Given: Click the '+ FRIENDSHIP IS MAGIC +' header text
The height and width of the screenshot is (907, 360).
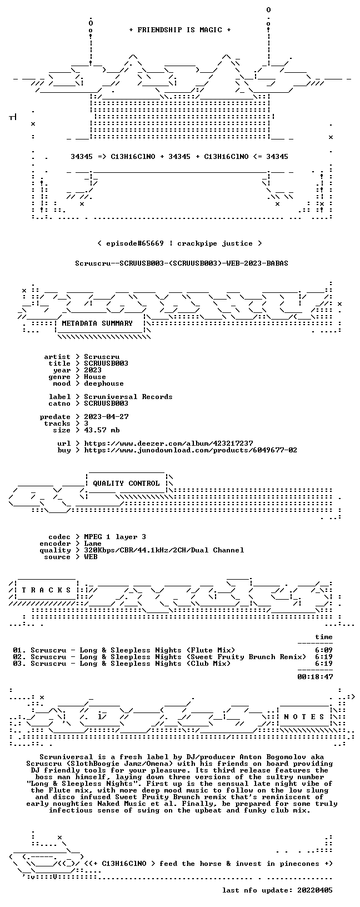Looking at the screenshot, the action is tap(180, 30).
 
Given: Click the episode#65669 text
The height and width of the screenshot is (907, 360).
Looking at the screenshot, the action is tap(135, 243).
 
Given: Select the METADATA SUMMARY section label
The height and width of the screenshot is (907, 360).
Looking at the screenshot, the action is tap(97, 323).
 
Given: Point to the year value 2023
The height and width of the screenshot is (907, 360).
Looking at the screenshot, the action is tap(93, 370).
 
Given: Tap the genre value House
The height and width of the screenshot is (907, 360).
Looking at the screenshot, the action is tap(95, 377).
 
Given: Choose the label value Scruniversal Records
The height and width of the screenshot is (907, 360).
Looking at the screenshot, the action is tap(128, 397).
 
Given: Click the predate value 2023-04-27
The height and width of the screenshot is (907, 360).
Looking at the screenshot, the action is tap(107, 417).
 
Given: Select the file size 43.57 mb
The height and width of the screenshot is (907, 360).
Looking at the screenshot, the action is tap(102, 430).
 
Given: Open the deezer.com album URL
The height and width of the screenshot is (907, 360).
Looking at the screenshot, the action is tap(168, 443).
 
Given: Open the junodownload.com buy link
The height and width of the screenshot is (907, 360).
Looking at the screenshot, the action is tap(191, 450).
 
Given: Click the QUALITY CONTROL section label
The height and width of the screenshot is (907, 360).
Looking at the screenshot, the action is tap(126, 484).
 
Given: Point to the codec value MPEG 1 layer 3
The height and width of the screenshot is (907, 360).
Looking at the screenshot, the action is tap(115, 537).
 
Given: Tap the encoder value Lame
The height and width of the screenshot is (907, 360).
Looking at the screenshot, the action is tap(93, 544).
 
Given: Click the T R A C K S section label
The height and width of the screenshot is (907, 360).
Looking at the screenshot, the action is tap(47, 590).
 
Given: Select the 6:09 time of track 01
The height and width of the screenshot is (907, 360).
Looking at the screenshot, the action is tap(324, 650).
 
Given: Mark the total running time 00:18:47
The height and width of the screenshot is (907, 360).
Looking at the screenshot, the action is tap(315, 676).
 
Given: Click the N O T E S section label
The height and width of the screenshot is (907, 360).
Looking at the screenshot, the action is tap(304, 717).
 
